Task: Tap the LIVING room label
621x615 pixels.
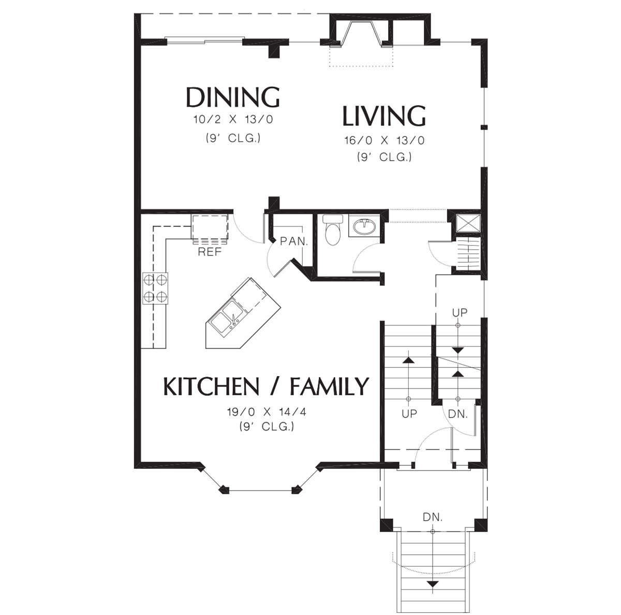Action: pos(384,116)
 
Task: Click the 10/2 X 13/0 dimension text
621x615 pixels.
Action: pos(233,119)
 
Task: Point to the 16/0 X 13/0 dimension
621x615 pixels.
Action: pos(385,140)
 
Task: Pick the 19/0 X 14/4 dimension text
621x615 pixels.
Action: pos(267,412)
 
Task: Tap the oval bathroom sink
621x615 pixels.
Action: pos(364,227)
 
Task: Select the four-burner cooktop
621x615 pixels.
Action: pos(155,288)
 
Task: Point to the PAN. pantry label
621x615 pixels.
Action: pos(294,241)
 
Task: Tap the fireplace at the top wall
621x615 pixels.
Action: pos(361,34)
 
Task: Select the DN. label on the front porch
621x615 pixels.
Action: pos(433,517)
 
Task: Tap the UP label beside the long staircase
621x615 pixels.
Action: pos(409,413)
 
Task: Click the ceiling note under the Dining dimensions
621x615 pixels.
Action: pos(233,138)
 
